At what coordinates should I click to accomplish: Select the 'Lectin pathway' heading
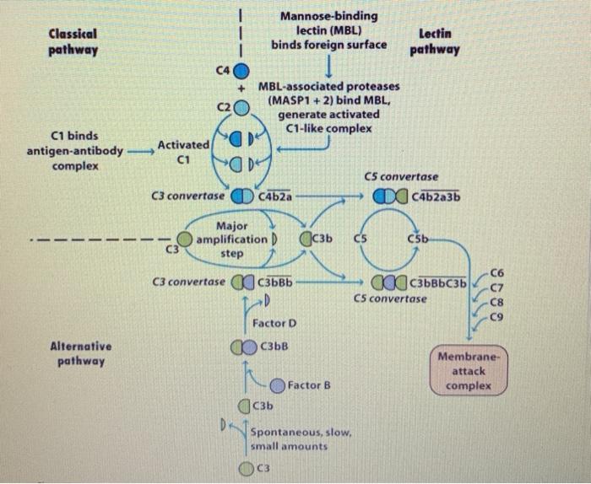click(x=433, y=41)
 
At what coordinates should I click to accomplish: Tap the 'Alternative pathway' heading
click(x=79, y=353)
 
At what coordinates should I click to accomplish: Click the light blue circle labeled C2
click(x=241, y=108)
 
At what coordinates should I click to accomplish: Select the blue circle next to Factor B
click(x=278, y=385)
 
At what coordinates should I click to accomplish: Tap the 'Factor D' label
click(x=274, y=323)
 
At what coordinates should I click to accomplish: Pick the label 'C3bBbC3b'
click(x=438, y=282)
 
